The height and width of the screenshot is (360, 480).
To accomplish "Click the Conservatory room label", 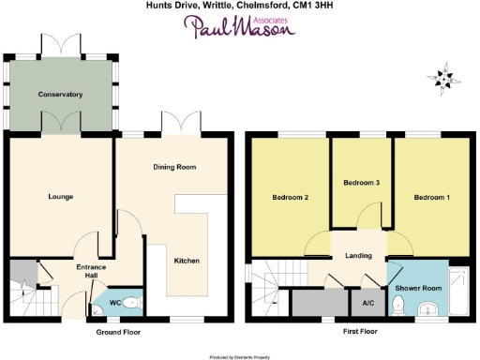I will click(x=61, y=95).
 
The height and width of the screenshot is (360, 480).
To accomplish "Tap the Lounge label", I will click(x=61, y=196).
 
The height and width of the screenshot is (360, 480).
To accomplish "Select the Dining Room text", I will click(x=174, y=167).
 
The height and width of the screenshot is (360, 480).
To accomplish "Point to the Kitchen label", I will click(x=187, y=260).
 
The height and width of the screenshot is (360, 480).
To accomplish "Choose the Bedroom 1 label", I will click(x=431, y=197).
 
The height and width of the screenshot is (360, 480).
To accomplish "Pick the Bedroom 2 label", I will click(x=291, y=197).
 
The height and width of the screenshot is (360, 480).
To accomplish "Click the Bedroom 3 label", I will click(x=361, y=182).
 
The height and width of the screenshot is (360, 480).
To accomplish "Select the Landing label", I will click(x=359, y=256).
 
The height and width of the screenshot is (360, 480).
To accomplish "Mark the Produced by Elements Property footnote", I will click(x=239, y=356).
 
